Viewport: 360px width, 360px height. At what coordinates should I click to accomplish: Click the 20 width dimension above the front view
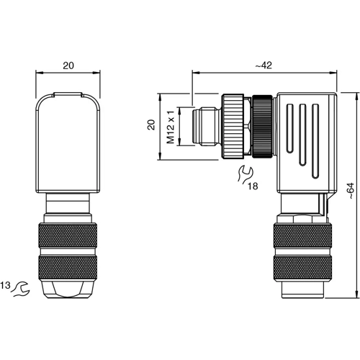pos(68,66)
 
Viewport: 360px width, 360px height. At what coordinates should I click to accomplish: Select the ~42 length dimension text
pos(263,66)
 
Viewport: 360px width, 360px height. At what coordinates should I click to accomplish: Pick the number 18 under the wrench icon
pos(253,185)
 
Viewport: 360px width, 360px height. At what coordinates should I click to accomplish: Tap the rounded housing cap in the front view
pos(68,144)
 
